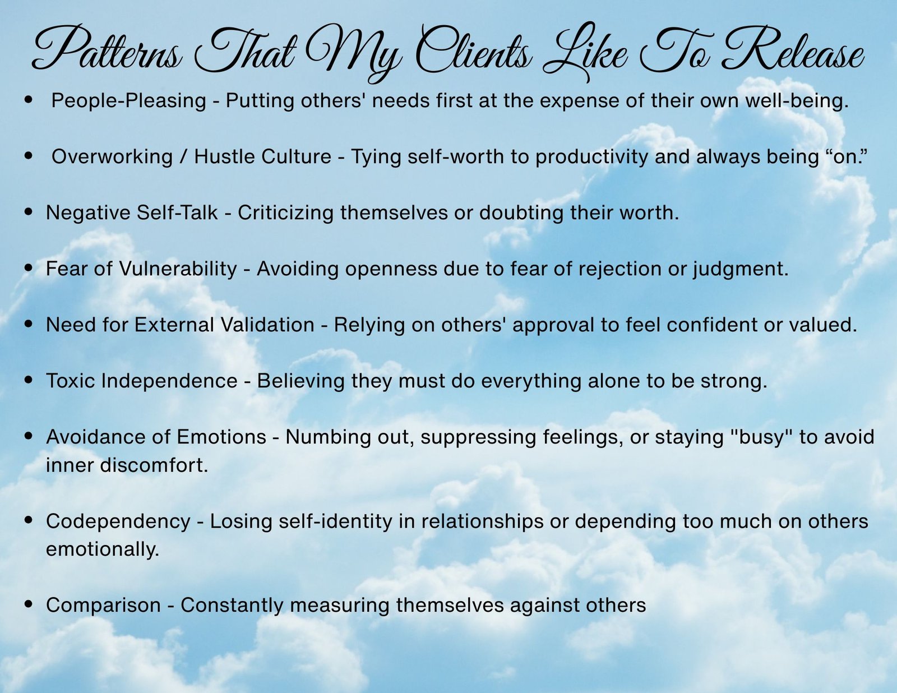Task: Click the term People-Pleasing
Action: (x=128, y=101)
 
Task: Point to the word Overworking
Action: (x=112, y=157)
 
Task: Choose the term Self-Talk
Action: (x=177, y=212)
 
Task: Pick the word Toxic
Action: (x=71, y=381)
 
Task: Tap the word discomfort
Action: (x=154, y=465)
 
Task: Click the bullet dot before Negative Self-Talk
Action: (x=29, y=212)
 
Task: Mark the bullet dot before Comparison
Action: (x=29, y=604)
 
